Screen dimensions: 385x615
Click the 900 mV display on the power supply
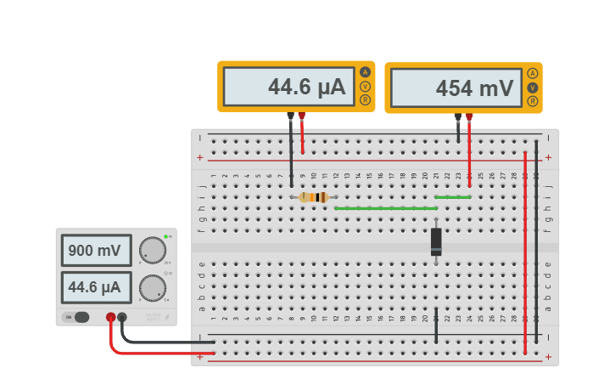tap(96, 251)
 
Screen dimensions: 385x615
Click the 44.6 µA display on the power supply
tap(96, 288)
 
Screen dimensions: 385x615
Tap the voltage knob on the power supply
tap(153, 250)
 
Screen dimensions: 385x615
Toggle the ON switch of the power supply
tap(77, 317)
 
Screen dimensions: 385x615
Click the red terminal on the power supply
tap(111, 317)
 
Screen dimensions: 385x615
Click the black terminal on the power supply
tap(123, 317)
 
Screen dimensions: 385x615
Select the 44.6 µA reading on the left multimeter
tap(288, 87)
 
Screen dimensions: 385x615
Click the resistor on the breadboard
tap(314, 197)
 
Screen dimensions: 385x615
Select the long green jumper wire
tap(386, 208)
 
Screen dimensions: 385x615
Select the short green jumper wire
tap(453, 197)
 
